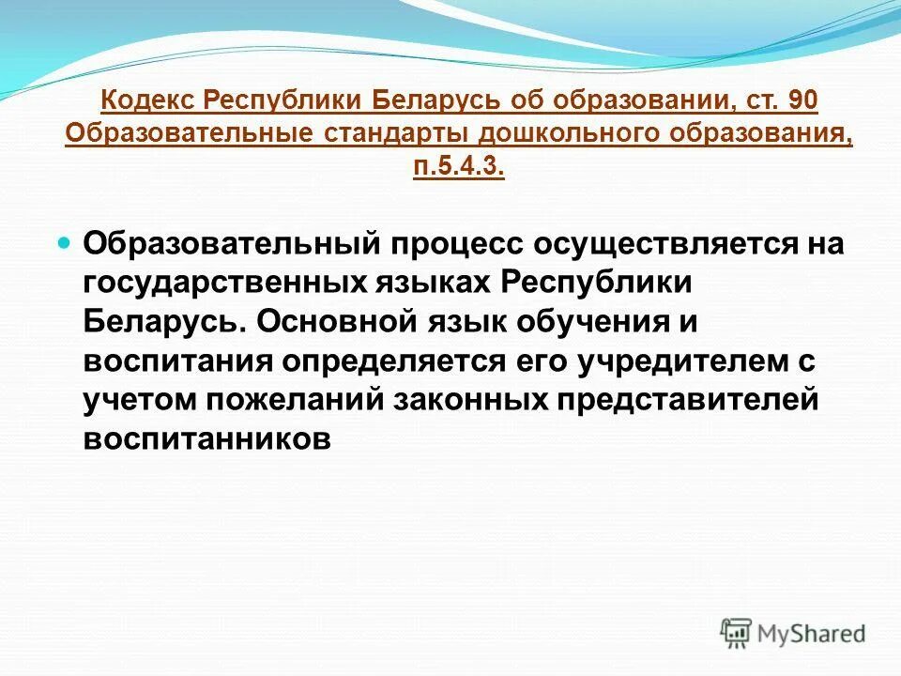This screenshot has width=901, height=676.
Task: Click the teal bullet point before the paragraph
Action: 64,242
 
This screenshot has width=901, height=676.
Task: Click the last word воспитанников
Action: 207,438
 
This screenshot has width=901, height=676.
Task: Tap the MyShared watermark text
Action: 813,633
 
